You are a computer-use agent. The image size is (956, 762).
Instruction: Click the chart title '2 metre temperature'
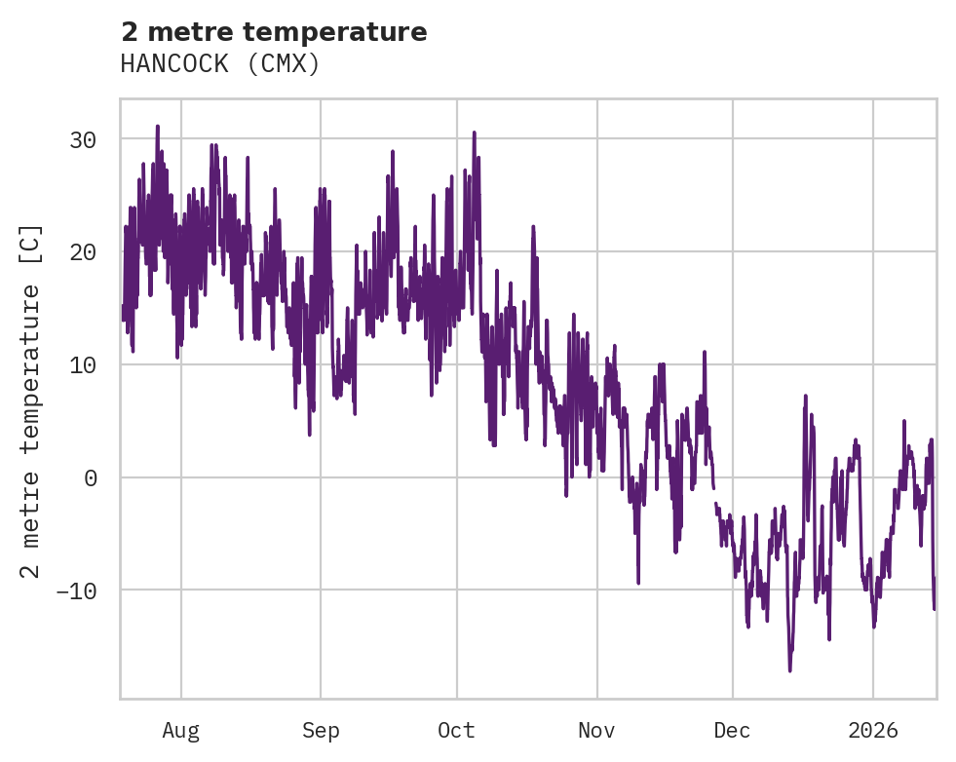click(274, 32)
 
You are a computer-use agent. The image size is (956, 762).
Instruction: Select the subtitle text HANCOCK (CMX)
click(220, 63)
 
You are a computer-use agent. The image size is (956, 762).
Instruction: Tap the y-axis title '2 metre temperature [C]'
click(31, 400)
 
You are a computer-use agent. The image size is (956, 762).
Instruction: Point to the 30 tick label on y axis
click(83, 139)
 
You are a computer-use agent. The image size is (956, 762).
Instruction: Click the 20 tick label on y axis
click(83, 252)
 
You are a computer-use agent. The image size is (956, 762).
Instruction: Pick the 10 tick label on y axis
click(83, 365)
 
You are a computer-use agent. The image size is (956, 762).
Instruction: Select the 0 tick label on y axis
click(90, 477)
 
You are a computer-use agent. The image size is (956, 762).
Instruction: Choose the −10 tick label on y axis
click(76, 591)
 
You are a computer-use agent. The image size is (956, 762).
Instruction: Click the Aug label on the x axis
click(181, 730)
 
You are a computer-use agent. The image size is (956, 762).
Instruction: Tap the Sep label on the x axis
click(321, 730)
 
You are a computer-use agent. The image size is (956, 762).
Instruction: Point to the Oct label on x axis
click(456, 730)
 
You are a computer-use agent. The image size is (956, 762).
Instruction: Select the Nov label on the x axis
click(596, 730)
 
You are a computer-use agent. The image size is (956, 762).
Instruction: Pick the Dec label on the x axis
click(732, 730)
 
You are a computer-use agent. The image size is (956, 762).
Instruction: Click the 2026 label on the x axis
click(872, 730)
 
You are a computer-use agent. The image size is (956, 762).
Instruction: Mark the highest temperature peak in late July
click(157, 127)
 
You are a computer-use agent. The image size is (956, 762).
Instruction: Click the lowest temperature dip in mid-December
click(789, 669)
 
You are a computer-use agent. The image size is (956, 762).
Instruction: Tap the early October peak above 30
click(475, 133)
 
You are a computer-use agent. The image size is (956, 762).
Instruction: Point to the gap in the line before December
click(714, 495)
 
